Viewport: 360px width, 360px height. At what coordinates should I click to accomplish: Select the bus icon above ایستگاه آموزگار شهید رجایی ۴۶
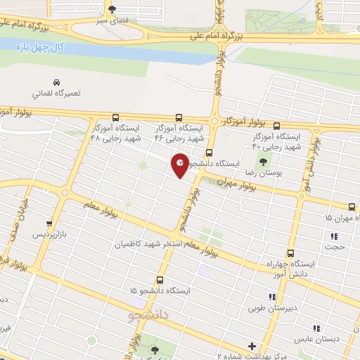[179, 118]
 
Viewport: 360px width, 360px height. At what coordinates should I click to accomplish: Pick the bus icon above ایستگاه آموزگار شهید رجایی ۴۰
[276, 126]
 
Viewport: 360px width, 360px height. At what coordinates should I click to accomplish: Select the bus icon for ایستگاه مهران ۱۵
[352, 206]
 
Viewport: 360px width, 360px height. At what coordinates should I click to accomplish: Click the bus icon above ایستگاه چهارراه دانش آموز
[290, 253]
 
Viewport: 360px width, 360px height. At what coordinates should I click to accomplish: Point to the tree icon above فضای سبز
[112, 9]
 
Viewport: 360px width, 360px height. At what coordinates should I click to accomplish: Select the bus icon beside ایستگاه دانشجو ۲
[208, 153]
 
